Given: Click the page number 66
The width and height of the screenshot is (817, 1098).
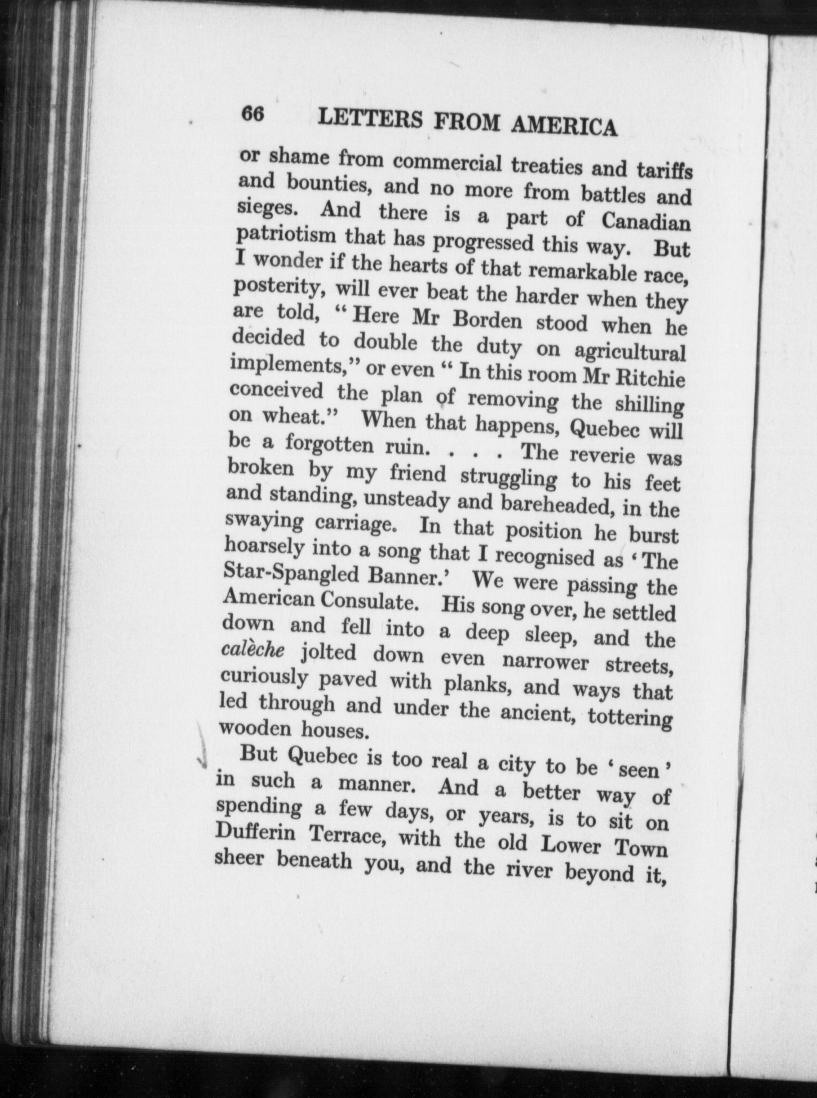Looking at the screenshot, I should [x=253, y=114].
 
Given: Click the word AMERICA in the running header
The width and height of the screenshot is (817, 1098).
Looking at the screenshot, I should [x=564, y=126].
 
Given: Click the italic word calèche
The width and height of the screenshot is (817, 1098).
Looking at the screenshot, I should [x=253, y=650].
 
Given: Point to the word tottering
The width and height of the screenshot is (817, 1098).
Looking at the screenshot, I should [x=630, y=718].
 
